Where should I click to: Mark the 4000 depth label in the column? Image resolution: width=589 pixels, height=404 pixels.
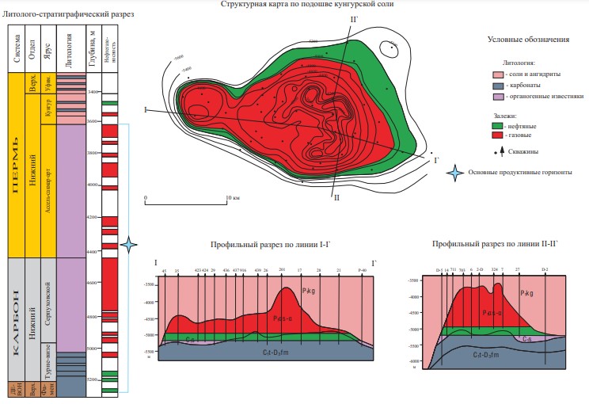pyautogui.click(x=94, y=184)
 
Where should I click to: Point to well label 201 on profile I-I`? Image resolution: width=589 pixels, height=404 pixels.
pyautogui.click(x=282, y=270)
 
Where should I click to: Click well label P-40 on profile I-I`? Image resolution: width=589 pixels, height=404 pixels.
pyautogui.click(x=363, y=270)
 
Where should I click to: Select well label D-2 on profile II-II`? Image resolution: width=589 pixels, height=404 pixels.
pyautogui.click(x=545, y=269)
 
